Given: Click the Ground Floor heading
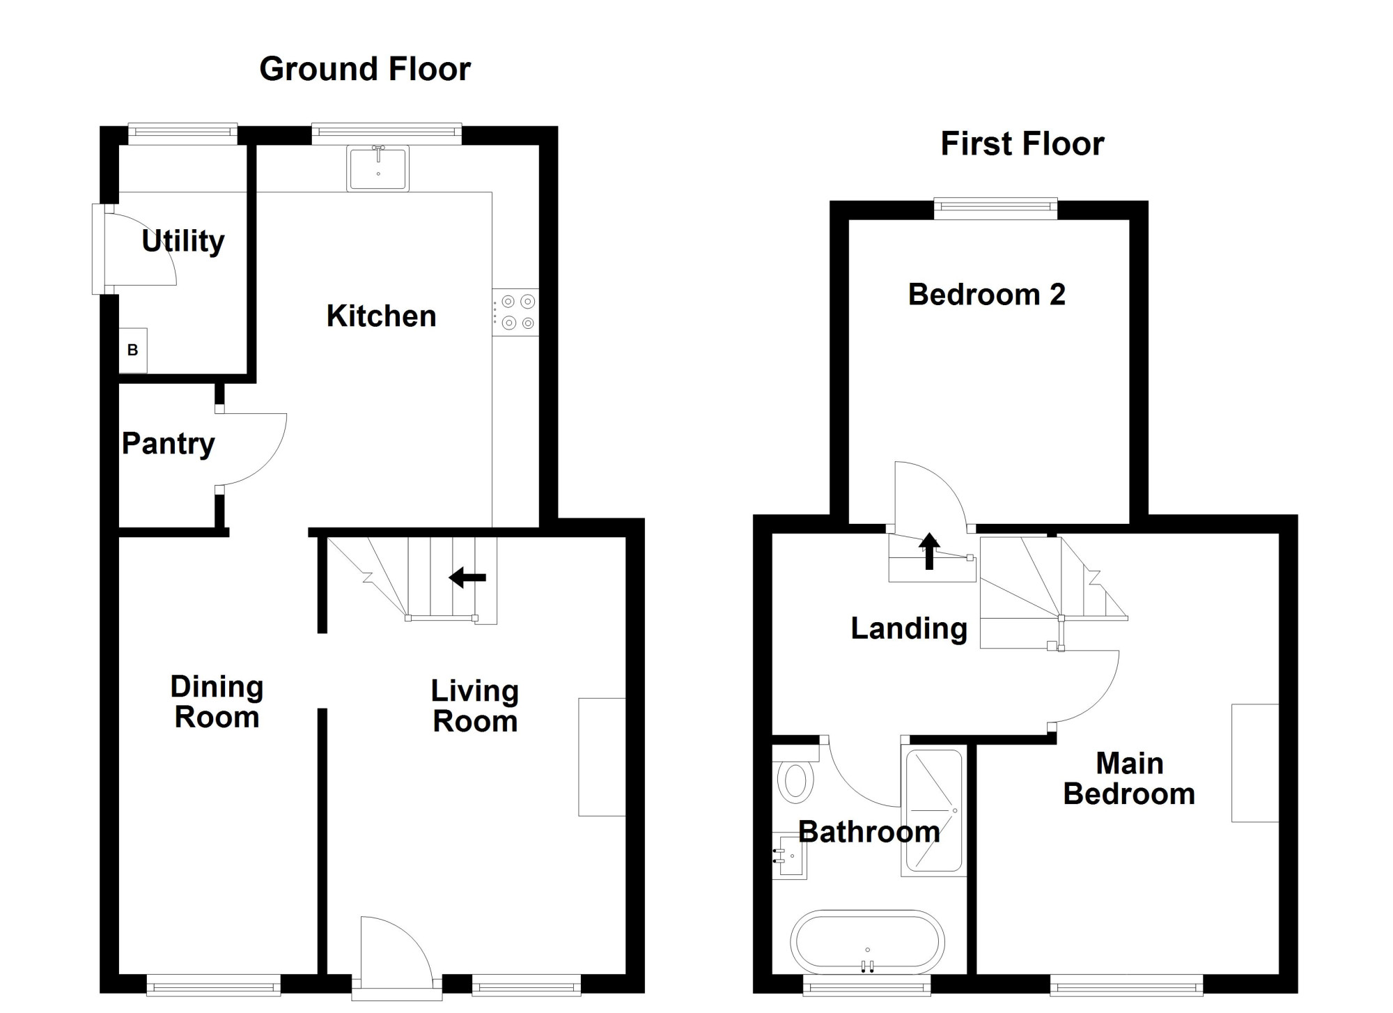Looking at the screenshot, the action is pos(365,69).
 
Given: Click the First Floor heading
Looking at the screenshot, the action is pos(1022,144).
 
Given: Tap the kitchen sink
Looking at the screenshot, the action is pos(378,168).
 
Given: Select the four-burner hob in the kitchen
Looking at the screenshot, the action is pos(515,312).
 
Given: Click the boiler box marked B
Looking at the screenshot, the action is pos(133,350).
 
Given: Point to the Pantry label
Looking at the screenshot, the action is pos(168,444).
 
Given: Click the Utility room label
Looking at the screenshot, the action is pos(182,241).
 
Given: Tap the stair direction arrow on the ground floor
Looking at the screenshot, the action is pos(467,578).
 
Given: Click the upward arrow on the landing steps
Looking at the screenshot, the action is pos(929,551).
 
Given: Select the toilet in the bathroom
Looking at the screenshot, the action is pos(795,773).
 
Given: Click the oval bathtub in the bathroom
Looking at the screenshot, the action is pos(867,942).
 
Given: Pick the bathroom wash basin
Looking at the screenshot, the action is pos(789,856).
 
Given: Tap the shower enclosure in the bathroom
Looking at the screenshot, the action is pos(933,812).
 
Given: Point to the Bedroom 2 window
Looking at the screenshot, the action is pos(995,209).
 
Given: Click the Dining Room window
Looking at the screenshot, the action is pos(213,984).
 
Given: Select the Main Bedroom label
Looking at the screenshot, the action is pos(1129,779).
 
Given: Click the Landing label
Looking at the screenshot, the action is pos(909,629).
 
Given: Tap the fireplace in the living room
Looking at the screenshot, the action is pos(602,757).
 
